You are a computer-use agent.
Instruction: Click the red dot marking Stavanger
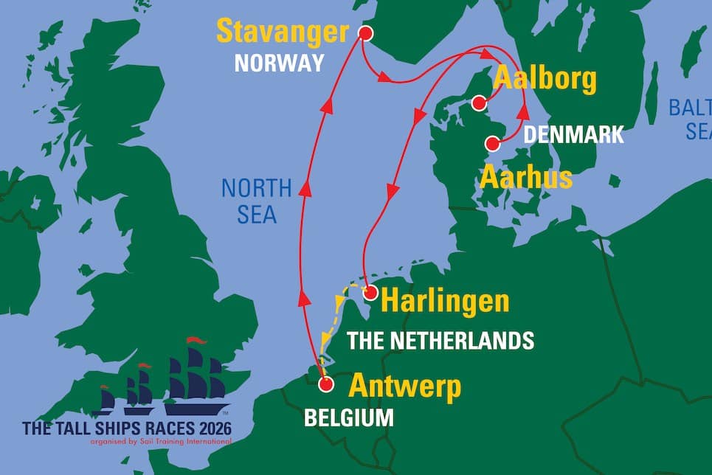point(364,33)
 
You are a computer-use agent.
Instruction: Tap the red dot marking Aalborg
point(480,102)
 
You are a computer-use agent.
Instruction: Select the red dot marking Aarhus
point(491,143)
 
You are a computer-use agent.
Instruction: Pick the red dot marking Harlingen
point(370,292)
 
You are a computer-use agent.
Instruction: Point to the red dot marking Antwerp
point(325,384)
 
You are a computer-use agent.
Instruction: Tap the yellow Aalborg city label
point(545,79)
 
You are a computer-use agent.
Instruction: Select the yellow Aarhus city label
point(526,178)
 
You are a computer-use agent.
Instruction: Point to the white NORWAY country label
point(279,63)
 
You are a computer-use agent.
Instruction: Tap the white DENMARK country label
point(573,135)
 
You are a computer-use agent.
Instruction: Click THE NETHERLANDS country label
point(440,340)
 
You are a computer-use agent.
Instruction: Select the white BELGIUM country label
point(349,417)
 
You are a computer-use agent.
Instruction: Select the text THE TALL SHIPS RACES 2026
point(127,429)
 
